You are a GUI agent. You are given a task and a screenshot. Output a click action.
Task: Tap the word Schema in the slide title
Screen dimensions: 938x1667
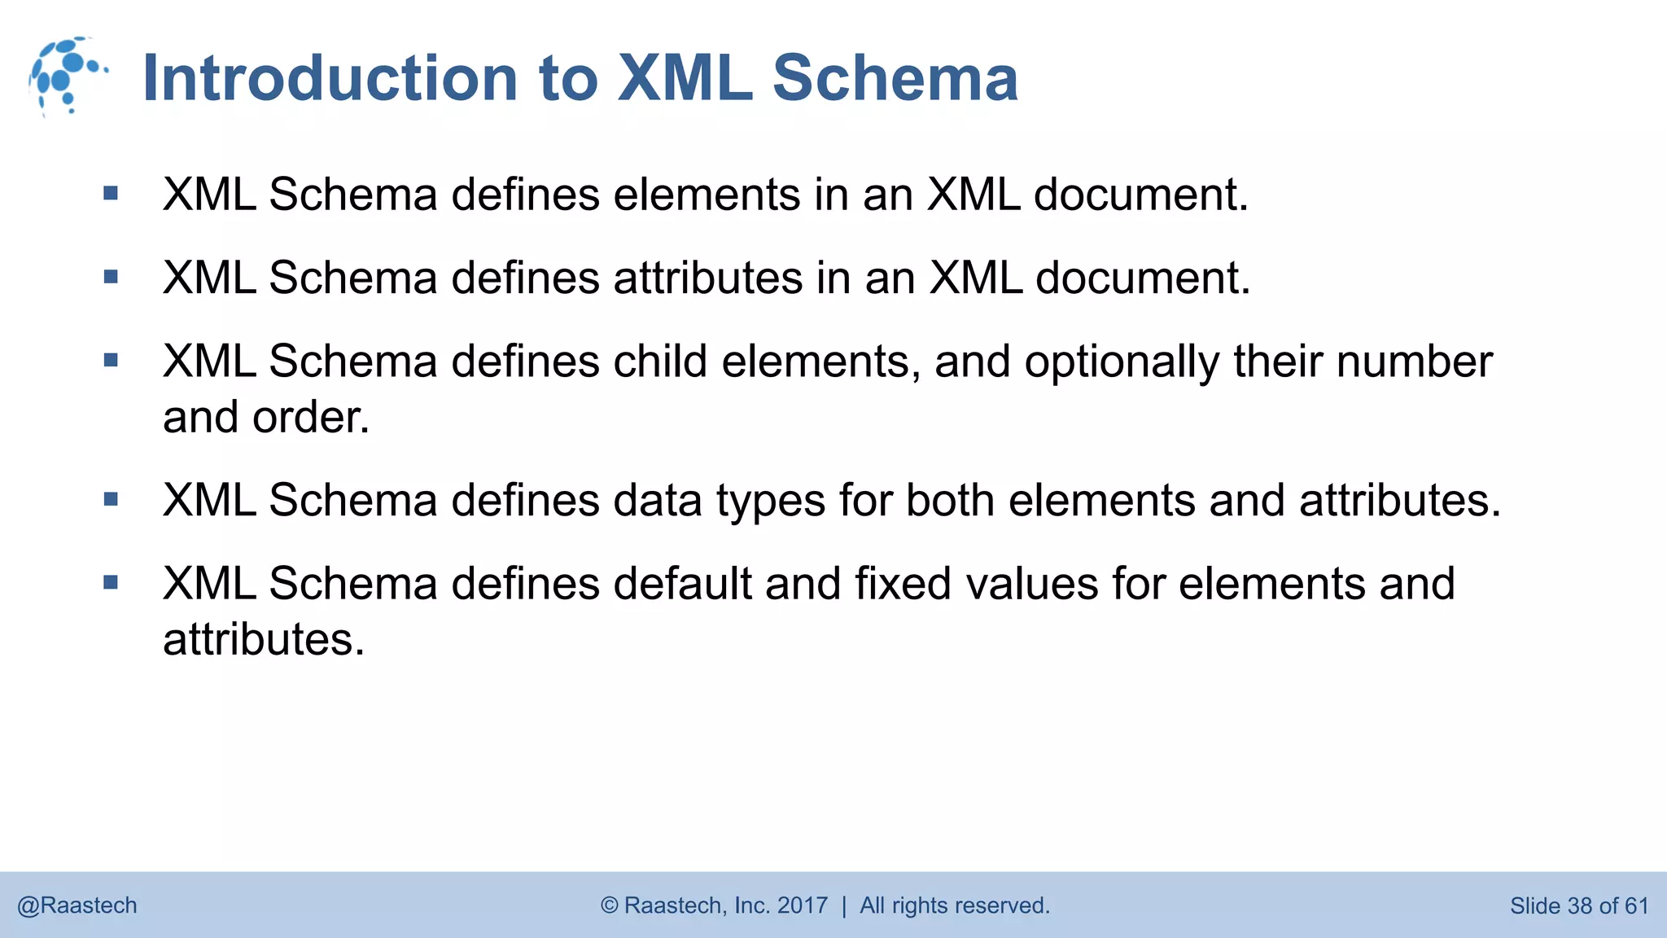pyautogui.click(x=895, y=78)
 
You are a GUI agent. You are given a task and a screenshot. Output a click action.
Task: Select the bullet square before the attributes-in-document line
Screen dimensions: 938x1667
pyautogui.click(x=112, y=277)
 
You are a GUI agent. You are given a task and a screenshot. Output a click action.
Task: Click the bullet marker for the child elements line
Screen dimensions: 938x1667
pyautogui.click(x=112, y=360)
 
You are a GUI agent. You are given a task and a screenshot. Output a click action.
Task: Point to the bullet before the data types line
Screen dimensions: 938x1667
pyautogui.click(x=112, y=499)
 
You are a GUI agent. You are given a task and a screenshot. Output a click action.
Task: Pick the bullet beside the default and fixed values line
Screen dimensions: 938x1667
pyautogui.click(x=112, y=582)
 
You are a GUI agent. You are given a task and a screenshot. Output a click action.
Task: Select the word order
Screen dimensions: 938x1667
pyautogui.click(x=310, y=417)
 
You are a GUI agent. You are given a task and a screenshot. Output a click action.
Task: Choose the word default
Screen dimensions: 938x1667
pyautogui.click(x=682, y=583)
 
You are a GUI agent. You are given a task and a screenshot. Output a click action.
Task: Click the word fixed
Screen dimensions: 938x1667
pyautogui.click(x=902, y=583)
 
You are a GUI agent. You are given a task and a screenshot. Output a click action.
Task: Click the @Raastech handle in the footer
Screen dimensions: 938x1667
pyautogui.click(x=77, y=905)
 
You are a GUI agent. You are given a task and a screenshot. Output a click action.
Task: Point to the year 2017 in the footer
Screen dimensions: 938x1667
pyautogui.click(x=803, y=905)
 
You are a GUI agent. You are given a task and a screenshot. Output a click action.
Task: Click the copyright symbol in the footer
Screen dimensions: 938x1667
pyautogui.click(x=609, y=905)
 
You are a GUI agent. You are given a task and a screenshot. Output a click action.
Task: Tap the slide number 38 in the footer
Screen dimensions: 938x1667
pyautogui.click(x=1579, y=905)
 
